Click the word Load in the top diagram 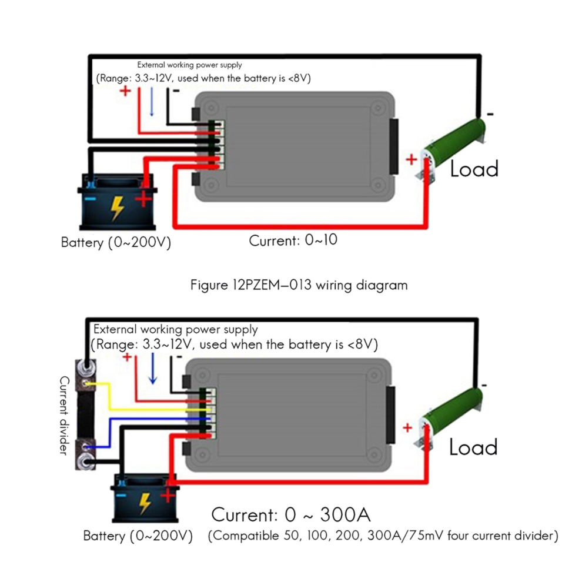(474, 169)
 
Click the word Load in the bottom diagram (473, 447)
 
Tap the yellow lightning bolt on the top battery (118, 208)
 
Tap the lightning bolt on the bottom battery (145, 504)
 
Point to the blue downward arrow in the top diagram (152, 101)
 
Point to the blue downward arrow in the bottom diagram (152, 368)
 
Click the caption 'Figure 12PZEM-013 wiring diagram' (299, 285)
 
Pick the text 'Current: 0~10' (293, 240)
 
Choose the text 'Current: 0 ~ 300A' (290, 514)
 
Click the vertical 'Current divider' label (64, 416)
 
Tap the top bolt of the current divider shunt (86, 367)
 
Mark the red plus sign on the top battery (143, 200)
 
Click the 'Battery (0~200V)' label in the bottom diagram (138, 536)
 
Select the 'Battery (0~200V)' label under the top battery (116, 243)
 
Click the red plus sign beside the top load (412, 159)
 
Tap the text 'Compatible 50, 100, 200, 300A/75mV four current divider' (383, 536)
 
